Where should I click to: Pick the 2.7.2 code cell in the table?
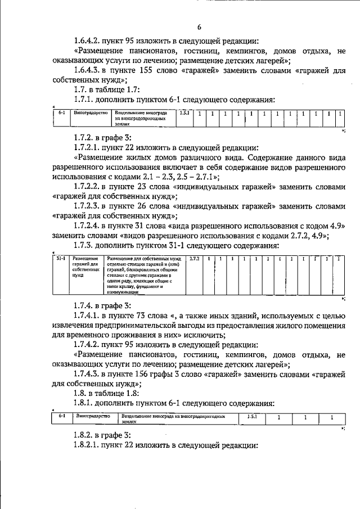[x=195, y=258]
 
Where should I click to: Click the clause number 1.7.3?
[x=85, y=246]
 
